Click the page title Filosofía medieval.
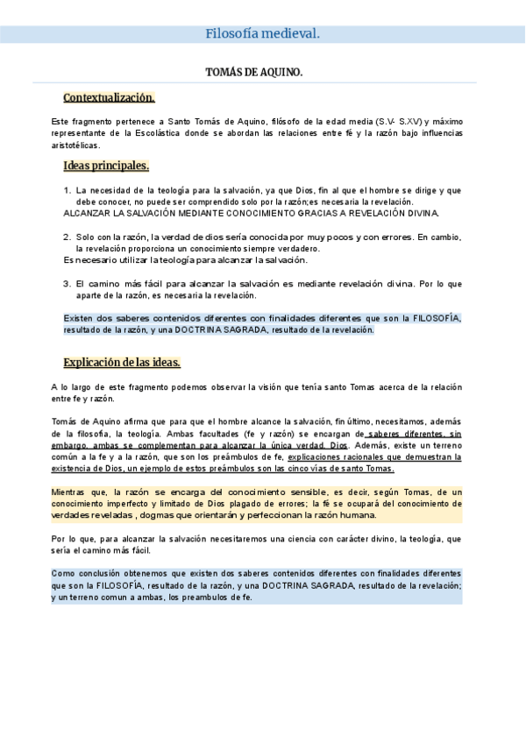(262, 34)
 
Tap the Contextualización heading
(109, 97)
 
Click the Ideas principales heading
(106, 166)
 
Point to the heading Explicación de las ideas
(122, 362)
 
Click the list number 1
(68, 189)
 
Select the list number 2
(68, 237)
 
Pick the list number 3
(68, 284)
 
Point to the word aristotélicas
(75, 145)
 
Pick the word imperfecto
(130, 504)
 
